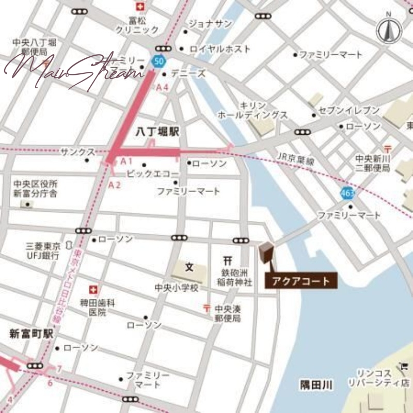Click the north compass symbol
(x=389, y=30)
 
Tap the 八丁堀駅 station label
(x=157, y=132)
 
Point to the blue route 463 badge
(x=347, y=194)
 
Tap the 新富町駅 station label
(x=31, y=334)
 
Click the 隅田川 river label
(x=316, y=385)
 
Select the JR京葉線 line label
(x=295, y=161)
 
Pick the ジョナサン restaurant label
(x=209, y=24)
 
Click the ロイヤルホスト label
(x=220, y=49)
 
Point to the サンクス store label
(x=77, y=152)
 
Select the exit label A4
(x=163, y=87)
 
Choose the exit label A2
(x=115, y=184)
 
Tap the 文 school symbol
(x=189, y=267)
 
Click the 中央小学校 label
(x=177, y=288)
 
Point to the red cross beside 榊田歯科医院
(x=93, y=289)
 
